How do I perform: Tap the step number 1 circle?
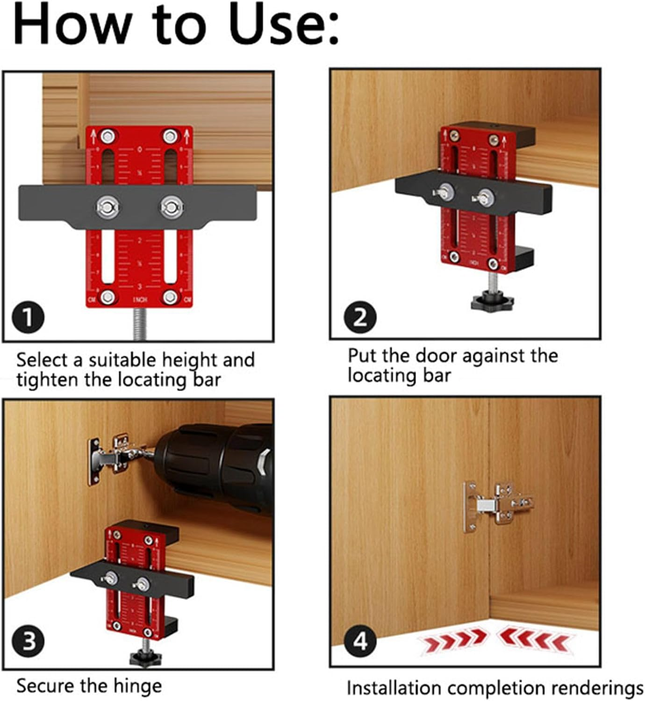tap(29, 317)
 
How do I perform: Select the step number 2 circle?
tap(360, 317)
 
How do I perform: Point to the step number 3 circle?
tap(29, 641)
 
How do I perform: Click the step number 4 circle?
tap(360, 641)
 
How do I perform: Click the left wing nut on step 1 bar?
tap(107, 206)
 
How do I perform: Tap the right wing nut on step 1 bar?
tap(171, 206)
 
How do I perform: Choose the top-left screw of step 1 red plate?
tap(108, 136)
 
